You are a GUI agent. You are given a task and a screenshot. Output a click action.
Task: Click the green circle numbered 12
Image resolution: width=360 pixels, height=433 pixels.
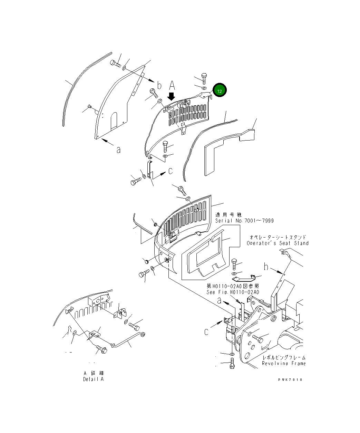click(x=220, y=90)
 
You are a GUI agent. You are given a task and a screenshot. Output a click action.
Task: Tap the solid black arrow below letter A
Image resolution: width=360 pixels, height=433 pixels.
click(x=172, y=96)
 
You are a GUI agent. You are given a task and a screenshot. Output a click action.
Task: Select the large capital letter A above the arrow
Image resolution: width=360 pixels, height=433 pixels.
click(x=172, y=85)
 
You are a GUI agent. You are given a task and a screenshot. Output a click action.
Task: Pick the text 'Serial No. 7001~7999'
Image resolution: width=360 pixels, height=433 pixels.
click(x=244, y=221)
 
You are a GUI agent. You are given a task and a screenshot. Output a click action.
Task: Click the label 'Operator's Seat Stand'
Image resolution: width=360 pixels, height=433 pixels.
click(x=278, y=243)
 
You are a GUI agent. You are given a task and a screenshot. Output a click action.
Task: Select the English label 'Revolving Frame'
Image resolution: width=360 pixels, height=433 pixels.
click(x=284, y=363)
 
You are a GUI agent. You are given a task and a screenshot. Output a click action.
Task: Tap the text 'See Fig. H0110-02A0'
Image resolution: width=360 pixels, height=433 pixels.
click(x=233, y=292)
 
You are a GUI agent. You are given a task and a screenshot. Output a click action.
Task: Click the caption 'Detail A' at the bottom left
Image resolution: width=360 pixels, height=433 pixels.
click(x=93, y=379)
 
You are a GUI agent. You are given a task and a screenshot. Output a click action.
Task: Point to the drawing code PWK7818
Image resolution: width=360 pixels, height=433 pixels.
click(x=290, y=379)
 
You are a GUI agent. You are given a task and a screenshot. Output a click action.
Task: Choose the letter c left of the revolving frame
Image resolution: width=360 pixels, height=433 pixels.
click(x=206, y=332)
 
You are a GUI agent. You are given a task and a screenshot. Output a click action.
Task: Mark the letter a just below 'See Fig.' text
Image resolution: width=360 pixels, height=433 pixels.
click(x=219, y=301)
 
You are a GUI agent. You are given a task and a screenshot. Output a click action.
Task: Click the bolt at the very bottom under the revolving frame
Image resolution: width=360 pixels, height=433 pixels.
click(x=232, y=364)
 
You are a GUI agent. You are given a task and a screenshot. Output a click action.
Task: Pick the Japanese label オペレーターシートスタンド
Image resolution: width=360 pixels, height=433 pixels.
click(x=278, y=237)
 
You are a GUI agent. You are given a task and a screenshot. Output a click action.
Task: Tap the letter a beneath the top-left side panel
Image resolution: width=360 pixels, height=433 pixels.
click(x=118, y=150)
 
